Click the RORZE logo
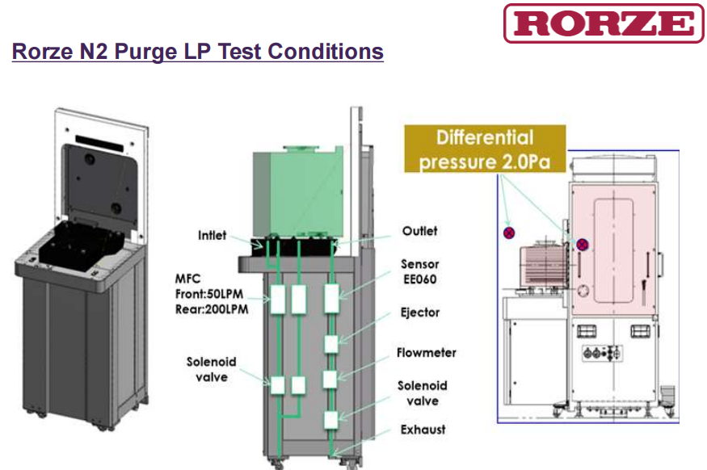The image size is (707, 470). [x=604, y=23]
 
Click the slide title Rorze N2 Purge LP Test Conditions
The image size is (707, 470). [x=197, y=52]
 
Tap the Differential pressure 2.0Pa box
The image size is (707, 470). [x=485, y=149]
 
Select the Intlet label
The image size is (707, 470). [x=212, y=235]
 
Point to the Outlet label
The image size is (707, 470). [x=420, y=231]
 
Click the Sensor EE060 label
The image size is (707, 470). [x=420, y=271]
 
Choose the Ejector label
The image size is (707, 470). [x=420, y=313]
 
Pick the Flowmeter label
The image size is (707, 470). [x=427, y=353]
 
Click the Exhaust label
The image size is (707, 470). [x=423, y=430]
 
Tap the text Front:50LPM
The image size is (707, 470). [x=209, y=294]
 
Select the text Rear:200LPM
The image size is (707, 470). [x=212, y=309]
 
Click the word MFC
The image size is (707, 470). [x=187, y=279]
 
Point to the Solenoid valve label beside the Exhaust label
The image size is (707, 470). [x=423, y=393]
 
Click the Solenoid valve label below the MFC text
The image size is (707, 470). [x=212, y=370]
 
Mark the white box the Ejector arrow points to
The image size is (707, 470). [x=331, y=344]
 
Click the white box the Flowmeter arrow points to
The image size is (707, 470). [x=330, y=380]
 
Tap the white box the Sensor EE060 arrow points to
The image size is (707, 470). [x=332, y=298]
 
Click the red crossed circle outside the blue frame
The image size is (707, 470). [x=509, y=233]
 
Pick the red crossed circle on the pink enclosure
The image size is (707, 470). [x=582, y=245]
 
